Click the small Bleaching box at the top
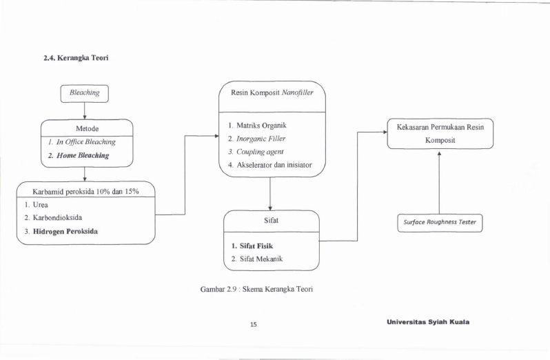pos(85,94)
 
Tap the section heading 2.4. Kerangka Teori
pos(76,58)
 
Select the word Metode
pos(87,129)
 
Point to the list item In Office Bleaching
pos(82,142)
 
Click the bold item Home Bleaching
pos(79,155)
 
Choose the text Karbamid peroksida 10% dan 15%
pos(85,192)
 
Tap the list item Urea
pos(36,205)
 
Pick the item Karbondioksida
pos(53,218)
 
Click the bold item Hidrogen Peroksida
pos(61,232)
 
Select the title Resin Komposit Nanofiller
pos(272,92)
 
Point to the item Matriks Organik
pos(257,126)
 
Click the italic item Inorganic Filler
pos(256,139)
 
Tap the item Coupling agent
pos(255,152)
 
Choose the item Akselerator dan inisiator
pos(269,165)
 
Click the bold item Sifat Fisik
pos(252,246)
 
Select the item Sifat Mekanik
pos(257,259)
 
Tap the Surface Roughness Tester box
pos(440,223)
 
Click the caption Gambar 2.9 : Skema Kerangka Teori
pos(256,289)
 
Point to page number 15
pos(253,325)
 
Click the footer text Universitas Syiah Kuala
pos(428,322)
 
